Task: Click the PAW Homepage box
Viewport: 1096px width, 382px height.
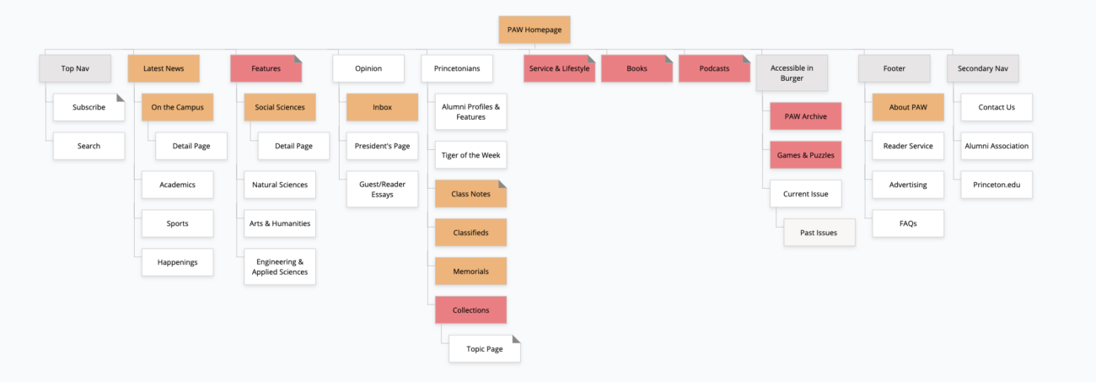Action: (535, 30)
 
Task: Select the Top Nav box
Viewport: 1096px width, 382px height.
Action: (75, 68)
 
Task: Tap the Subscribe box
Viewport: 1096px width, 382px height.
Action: (89, 107)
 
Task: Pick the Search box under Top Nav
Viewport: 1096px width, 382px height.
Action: (89, 146)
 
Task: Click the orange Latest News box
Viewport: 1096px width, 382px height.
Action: (164, 68)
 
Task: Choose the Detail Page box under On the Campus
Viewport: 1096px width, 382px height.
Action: (191, 146)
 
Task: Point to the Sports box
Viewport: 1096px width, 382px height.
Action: (177, 223)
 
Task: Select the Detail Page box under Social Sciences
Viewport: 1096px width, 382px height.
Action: (293, 146)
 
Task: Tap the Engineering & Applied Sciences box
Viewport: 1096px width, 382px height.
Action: (280, 266)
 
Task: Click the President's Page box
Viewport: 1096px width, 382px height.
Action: (382, 146)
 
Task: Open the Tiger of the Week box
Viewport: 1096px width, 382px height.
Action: (470, 155)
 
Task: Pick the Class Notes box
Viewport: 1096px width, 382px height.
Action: (470, 194)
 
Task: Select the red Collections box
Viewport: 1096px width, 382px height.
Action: (470, 310)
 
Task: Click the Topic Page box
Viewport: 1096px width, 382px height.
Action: (484, 349)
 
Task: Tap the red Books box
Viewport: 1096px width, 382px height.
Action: (637, 68)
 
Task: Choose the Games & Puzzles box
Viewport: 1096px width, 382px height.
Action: (805, 155)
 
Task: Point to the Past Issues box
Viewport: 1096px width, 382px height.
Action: (819, 232)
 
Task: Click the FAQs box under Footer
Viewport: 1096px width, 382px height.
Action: (907, 223)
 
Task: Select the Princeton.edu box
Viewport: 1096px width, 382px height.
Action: (997, 185)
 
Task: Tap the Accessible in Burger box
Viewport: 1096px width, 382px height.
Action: (792, 73)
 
